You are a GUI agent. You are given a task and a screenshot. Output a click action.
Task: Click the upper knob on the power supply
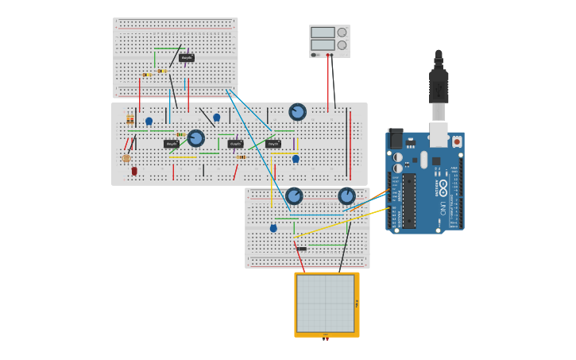coord(342,33)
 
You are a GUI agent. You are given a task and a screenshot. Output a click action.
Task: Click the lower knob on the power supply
coord(342,45)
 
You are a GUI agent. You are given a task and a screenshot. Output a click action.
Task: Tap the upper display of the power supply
coord(323,33)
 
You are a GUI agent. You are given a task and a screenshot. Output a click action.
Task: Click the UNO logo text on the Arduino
coord(443,208)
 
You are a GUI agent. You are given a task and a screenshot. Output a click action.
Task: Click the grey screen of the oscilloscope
coord(326,304)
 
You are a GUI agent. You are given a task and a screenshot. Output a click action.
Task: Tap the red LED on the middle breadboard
coord(134,170)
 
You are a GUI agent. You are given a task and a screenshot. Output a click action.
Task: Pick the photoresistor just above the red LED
coord(126,158)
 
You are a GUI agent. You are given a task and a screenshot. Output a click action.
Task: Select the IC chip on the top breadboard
coord(187,58)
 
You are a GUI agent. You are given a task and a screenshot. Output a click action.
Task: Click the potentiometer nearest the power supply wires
coord(297,112)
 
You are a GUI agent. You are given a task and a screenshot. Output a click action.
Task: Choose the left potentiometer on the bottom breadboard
coord(294,195)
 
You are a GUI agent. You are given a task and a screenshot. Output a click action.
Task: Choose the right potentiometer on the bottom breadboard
coord(346,195)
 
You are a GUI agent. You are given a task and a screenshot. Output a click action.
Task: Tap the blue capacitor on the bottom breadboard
coord(273,228)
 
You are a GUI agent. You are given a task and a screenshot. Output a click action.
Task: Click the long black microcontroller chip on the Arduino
coord(409,201)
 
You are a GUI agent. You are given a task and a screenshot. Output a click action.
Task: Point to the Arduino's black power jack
coord(395,137)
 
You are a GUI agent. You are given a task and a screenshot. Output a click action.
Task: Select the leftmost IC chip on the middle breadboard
coord(172,144)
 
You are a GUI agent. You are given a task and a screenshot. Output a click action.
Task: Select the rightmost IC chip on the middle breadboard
coord(273,144)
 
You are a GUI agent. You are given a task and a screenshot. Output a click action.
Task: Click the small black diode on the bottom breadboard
coord(301,249)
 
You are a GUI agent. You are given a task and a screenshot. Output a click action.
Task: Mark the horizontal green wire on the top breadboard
coord(168,49)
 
